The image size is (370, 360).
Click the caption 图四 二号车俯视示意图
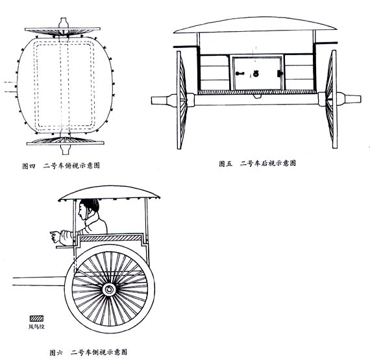[x=61, y=166]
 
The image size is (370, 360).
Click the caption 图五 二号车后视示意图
[x=257, y=163]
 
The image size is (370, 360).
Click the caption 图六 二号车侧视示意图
[x=88, y=352]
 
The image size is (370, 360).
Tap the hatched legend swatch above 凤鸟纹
[x=36, y=318]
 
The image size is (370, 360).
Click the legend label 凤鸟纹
[x=36, y=326]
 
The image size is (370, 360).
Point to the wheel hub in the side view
[x=109, y=289]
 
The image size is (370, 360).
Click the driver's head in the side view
[x=89, y=210]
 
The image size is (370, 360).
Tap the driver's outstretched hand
[x=55, y=237]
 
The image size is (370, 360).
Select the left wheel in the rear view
[x=182, y=100]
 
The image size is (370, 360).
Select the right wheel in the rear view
[x=331, y=99]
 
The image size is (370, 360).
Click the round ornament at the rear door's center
[x=255, y=74]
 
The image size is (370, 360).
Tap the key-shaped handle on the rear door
[x=240, y=73]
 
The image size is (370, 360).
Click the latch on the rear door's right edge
[x=280, y=73]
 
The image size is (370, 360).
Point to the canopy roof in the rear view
[x=255, y=25]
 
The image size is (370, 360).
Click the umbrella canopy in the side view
[x=109, y=193]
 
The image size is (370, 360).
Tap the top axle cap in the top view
[x=63, y=23]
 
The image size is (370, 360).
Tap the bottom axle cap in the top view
[x=66, y=149]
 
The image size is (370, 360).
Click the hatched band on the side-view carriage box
[x=110, y=238]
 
